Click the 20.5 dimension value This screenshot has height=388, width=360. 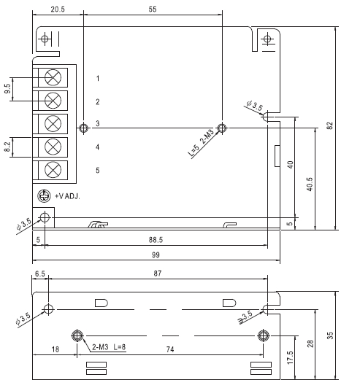(x=58, y=9)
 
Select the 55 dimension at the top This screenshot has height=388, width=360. (x=153, y=9)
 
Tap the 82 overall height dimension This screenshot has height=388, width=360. (x=330, y=125)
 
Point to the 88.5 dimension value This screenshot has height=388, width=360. (x=156, y=240)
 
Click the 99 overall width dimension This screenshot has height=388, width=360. (x=156, y=255)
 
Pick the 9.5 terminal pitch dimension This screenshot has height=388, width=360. (x=7, y=88)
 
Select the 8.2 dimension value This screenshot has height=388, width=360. (x=7, y=147)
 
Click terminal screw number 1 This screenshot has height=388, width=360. (x=53, y=77)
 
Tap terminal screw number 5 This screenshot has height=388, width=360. (x=53, y=170)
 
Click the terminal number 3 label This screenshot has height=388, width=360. (x=98, y=123)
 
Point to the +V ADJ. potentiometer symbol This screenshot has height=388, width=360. (x=44, y=195)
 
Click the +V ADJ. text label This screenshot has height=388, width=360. (x=67, y=196)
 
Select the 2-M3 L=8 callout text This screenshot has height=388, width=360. (x=109, y=347)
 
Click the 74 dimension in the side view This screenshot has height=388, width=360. (x=170, y=349)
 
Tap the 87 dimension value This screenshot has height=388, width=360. (x=158, y=273)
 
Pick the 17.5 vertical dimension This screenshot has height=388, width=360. (x=290, y=357)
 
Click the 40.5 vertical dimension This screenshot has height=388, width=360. (x=310, y=184)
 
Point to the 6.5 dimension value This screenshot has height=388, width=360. (x=40, y=273)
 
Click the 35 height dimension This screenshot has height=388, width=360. (x=330, y=335)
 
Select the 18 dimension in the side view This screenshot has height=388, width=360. (x=55, y=349)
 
